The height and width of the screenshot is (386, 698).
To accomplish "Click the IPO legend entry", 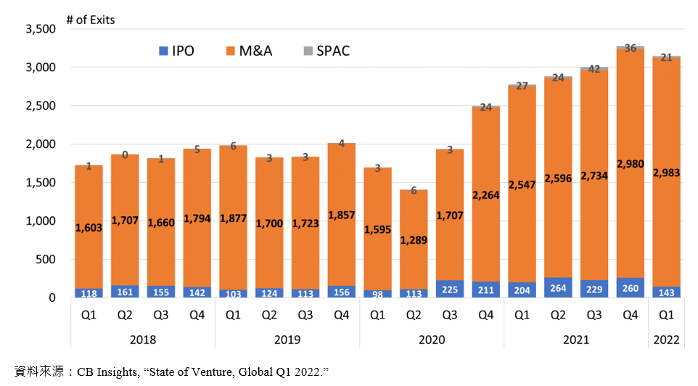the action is tap(177, 51).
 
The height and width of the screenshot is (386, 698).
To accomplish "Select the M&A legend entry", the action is tap(250, 51).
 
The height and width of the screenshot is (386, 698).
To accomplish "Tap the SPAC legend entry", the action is tap(327, 51).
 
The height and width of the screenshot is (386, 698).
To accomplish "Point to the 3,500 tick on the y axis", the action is tap(41, 29).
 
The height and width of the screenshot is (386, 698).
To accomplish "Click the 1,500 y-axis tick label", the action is tap(41, 183).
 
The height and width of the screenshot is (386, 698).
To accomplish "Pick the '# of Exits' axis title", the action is tap(91, 20).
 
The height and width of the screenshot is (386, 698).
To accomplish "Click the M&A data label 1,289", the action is tap(414, 240).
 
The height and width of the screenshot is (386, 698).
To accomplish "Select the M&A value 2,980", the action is tap(631, 164).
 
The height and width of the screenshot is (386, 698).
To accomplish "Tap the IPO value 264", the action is tap(558, 288).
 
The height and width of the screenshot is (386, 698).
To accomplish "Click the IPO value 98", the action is tap(377, 294).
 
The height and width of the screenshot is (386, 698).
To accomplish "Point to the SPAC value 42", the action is tap(594, 69).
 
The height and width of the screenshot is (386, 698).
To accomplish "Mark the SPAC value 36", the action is tap(631, 48).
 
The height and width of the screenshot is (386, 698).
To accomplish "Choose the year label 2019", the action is tap(287, 340).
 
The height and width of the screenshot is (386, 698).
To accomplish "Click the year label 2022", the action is tap(666, 340).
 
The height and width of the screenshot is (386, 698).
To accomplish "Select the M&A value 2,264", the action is tap(485, 195).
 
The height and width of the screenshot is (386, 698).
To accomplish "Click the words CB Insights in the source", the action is tap(107, 371).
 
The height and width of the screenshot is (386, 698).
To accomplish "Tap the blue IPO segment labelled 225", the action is tap(450, 289).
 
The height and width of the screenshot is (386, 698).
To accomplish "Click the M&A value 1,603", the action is tap(89, 228).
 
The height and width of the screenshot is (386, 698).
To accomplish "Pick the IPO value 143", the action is tap(666, 292).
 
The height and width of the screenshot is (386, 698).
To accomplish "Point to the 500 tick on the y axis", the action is tap(46, 260).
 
